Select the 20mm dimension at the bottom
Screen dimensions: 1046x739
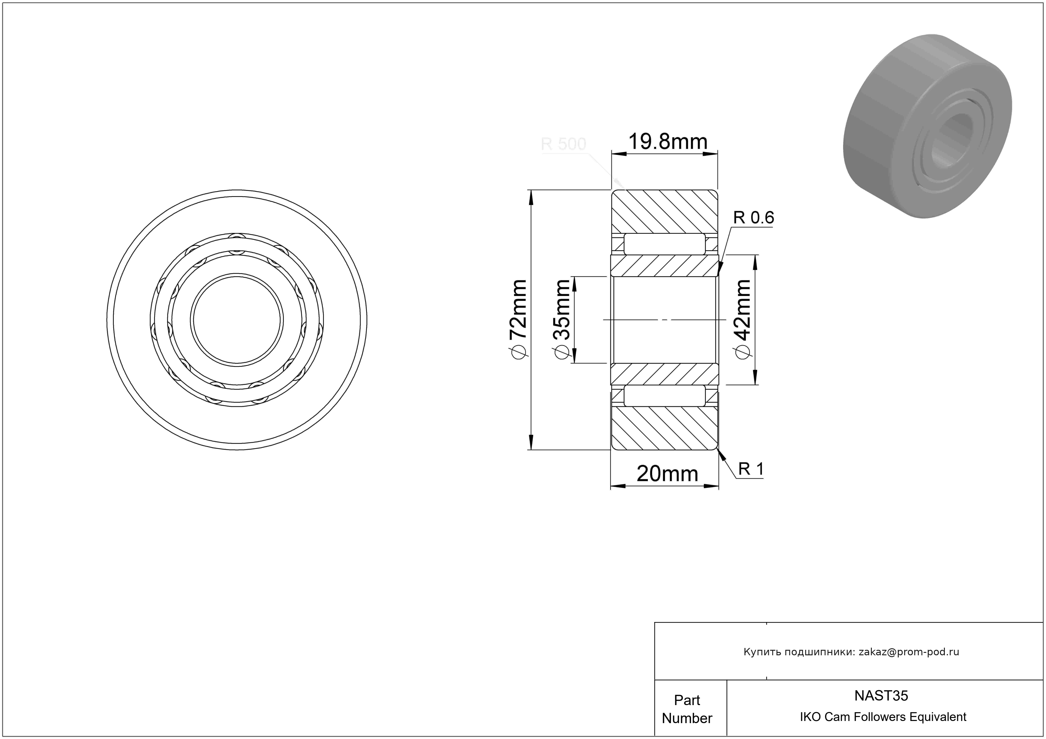tap(667, 474)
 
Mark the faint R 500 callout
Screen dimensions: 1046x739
tap(563, 144)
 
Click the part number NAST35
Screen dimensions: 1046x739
tap(881, 695)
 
